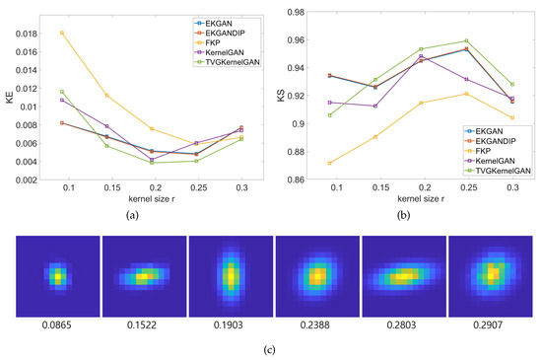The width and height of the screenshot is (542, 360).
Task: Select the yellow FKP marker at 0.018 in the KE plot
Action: click(63, 34)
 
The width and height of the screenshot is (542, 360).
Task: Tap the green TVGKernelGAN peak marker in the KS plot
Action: click(466, 41)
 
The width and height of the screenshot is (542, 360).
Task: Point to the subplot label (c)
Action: click(271, 348)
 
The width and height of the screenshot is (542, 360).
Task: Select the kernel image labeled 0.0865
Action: click(59, 277)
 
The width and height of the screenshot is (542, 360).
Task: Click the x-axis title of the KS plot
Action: click(415, 198)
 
